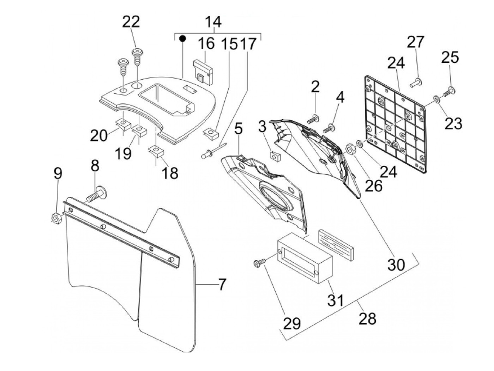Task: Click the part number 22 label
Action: click(x=131, y=22)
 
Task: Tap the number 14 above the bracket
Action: click(x=213, y=22)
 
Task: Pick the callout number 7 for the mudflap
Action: click(x=221, y=285)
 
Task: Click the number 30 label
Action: click(x=396, y=264)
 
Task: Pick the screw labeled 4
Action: click(x=329, y=128)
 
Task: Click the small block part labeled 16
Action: click(x=203, y=72)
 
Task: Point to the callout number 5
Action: click(x=239, y=130)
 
